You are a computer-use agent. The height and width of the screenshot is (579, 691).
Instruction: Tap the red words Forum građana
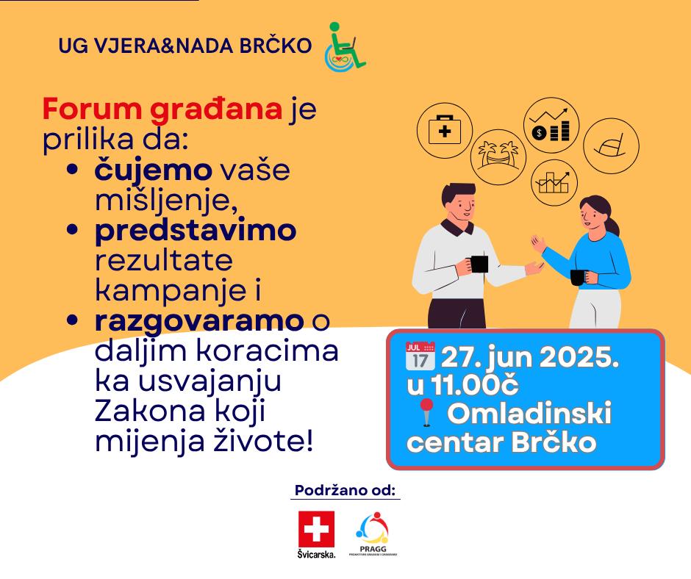pyautogui.click(x=162, y=109)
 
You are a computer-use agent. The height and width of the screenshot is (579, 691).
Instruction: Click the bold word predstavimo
pyautogui.click(x=196, y=231)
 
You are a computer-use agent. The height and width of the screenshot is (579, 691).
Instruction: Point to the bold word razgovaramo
pyautogui.click(x=199, y=321)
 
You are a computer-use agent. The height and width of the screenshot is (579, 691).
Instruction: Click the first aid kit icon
pyautogui.click(x=445, y=131)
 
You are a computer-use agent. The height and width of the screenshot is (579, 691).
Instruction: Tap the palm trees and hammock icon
pyautogui.click(x=498, y=157)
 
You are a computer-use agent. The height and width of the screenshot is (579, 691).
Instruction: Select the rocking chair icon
pyautogui.click(x=611, y=145)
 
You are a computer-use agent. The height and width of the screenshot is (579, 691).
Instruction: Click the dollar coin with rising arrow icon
pyautogui.click(x=551, y=125)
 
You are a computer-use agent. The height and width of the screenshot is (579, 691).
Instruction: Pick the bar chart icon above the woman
pyautogui.click(x=554, y=182)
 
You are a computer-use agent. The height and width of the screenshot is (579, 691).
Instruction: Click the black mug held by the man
pyautogui.click(x=479, y=264)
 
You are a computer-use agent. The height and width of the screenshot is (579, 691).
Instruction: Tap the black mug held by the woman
pyautogui.click(x=578, y=277)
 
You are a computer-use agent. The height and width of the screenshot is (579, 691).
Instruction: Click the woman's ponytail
pyautogui.click(x=612, y=224)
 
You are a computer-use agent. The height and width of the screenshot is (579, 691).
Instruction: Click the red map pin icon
pyautogui.click(x=426, y=413)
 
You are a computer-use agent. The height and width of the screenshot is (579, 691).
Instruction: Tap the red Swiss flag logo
pyautogui.click(x=316, y=529)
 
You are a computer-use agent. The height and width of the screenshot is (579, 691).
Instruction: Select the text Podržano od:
pyautogui.click(x=345, y=490)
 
